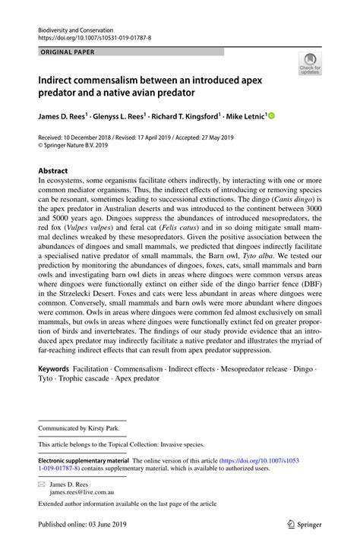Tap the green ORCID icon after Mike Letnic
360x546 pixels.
point(270,116)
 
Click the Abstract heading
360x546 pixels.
point(54,172)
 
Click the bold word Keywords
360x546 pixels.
point(54,368)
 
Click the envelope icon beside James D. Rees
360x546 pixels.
point(43,482)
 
